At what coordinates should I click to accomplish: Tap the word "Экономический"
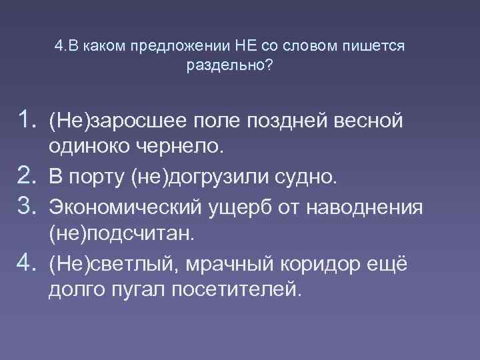coord(119,207)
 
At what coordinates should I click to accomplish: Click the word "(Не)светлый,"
coord(110,263)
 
